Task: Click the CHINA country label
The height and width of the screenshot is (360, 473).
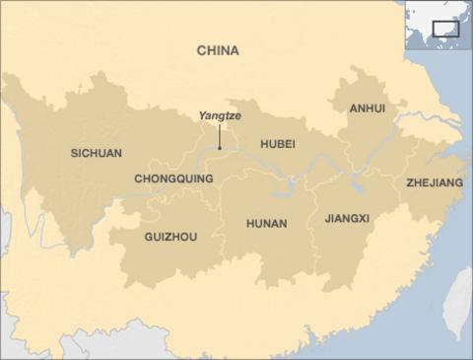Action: [x=218, y=50]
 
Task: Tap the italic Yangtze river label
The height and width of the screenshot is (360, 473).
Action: [x=219, y=115]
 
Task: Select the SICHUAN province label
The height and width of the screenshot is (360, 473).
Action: [x=97, y=153]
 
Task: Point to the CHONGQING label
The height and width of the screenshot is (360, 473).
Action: [x=173, y=179]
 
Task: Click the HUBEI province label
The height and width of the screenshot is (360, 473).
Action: [x=278, y=144]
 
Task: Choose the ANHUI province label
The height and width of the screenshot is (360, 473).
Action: [x=367, y=108]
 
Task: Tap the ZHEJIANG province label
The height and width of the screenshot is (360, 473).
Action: [x=435, y=182]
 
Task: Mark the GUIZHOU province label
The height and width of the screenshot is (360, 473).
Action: [x=170, y=237]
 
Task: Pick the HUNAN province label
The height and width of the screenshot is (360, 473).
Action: [x=266, y=224]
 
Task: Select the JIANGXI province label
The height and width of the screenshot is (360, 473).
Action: [x=347, y=218]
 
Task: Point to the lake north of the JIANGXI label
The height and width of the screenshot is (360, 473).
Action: [x=357, y=186]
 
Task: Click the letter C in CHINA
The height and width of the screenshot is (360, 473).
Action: [x=201, y=50]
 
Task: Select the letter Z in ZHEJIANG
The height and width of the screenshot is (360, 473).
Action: [x=410, y=182]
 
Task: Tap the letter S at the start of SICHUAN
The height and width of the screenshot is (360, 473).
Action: [x=74, y=153]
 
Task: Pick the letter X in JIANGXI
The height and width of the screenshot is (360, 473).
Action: [x=362, y=218]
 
